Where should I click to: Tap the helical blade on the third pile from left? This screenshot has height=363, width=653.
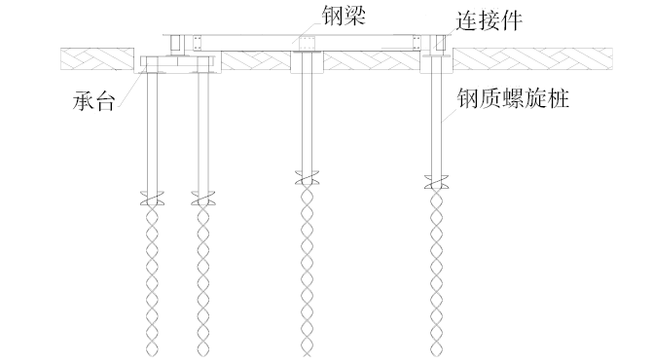(307, 179)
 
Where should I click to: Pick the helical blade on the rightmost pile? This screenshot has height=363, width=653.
(436, 181)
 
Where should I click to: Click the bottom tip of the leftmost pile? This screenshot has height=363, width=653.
(151, 353)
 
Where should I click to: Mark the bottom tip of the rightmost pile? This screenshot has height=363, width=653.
(436, 353)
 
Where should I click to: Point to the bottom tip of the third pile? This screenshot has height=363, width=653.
(307, 353)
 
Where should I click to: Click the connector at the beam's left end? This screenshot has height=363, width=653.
(176, 43)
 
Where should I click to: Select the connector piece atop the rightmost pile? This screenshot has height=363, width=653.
(436, 44)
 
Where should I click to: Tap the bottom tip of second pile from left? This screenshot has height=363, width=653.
(202, 353)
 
